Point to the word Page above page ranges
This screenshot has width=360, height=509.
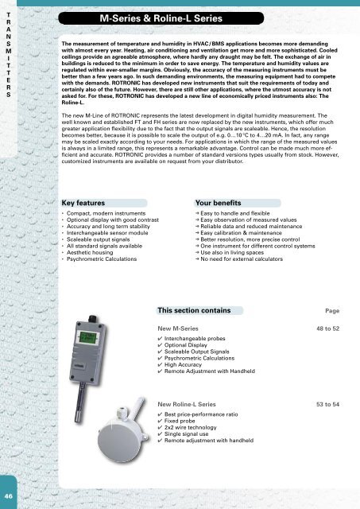tap(337, 333)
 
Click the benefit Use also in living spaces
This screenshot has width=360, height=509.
tap(238, 273)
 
